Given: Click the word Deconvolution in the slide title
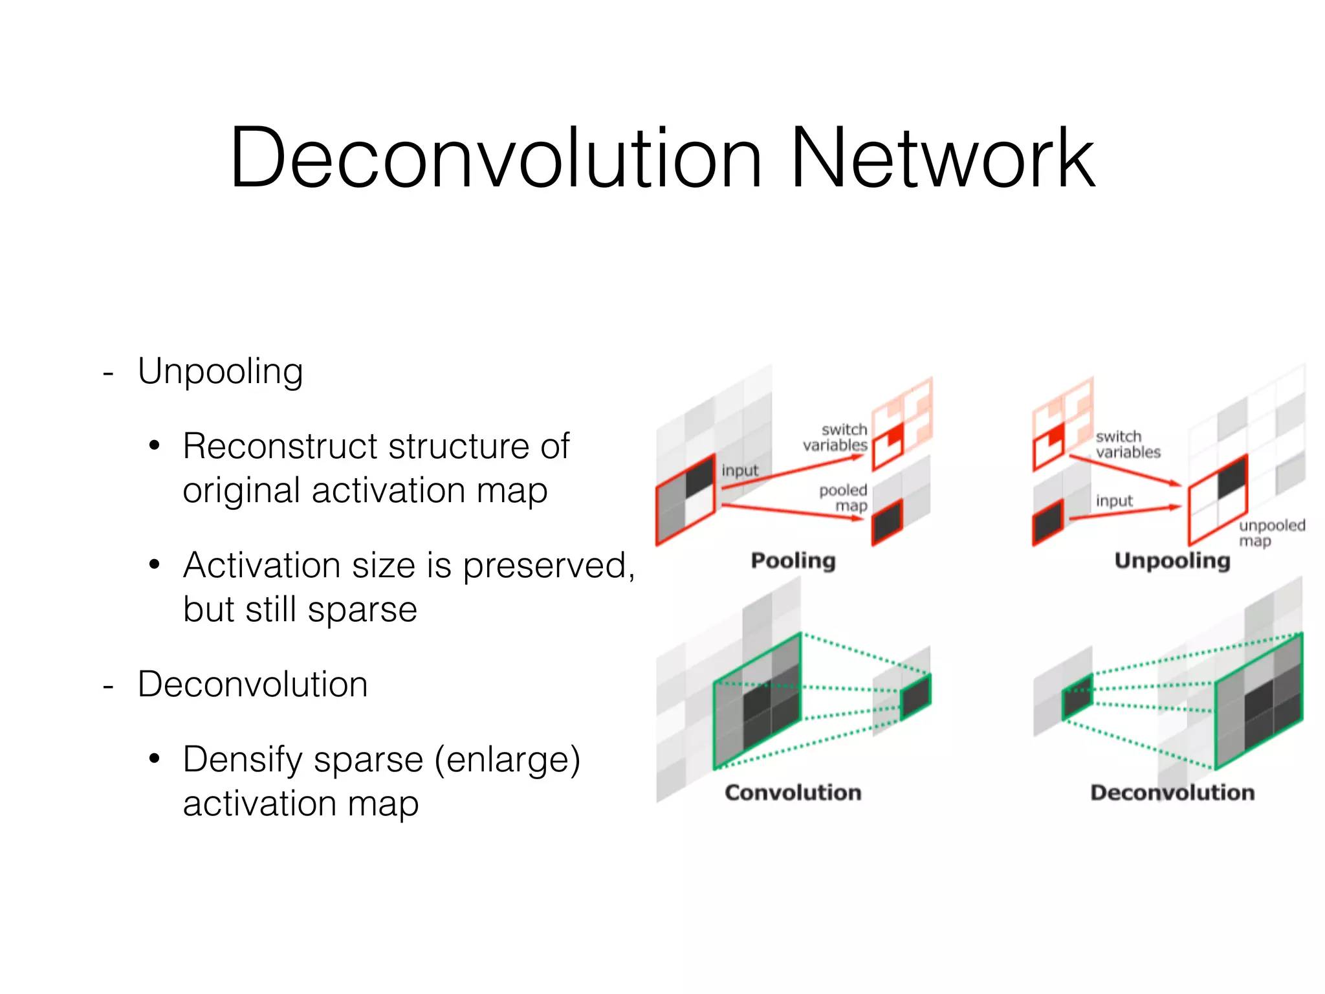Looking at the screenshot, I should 496,159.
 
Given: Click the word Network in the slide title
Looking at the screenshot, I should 942,159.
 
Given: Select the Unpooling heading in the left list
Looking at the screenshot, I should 220,372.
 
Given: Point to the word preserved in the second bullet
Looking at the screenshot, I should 545,566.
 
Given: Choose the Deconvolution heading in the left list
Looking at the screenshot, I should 252,685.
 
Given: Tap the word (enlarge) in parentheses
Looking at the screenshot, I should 507,760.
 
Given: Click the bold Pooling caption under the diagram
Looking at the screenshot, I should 793,560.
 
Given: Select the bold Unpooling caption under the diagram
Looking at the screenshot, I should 1172,560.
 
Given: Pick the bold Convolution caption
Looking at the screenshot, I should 793,793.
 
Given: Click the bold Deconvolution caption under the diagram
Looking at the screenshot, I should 1172,793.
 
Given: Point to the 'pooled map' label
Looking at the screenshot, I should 844,498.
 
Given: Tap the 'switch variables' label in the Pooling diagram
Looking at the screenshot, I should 836,437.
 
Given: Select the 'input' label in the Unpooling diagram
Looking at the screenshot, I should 1114,501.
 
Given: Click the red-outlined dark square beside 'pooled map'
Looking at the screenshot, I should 887,521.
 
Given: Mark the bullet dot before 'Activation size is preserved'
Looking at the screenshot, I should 154,565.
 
